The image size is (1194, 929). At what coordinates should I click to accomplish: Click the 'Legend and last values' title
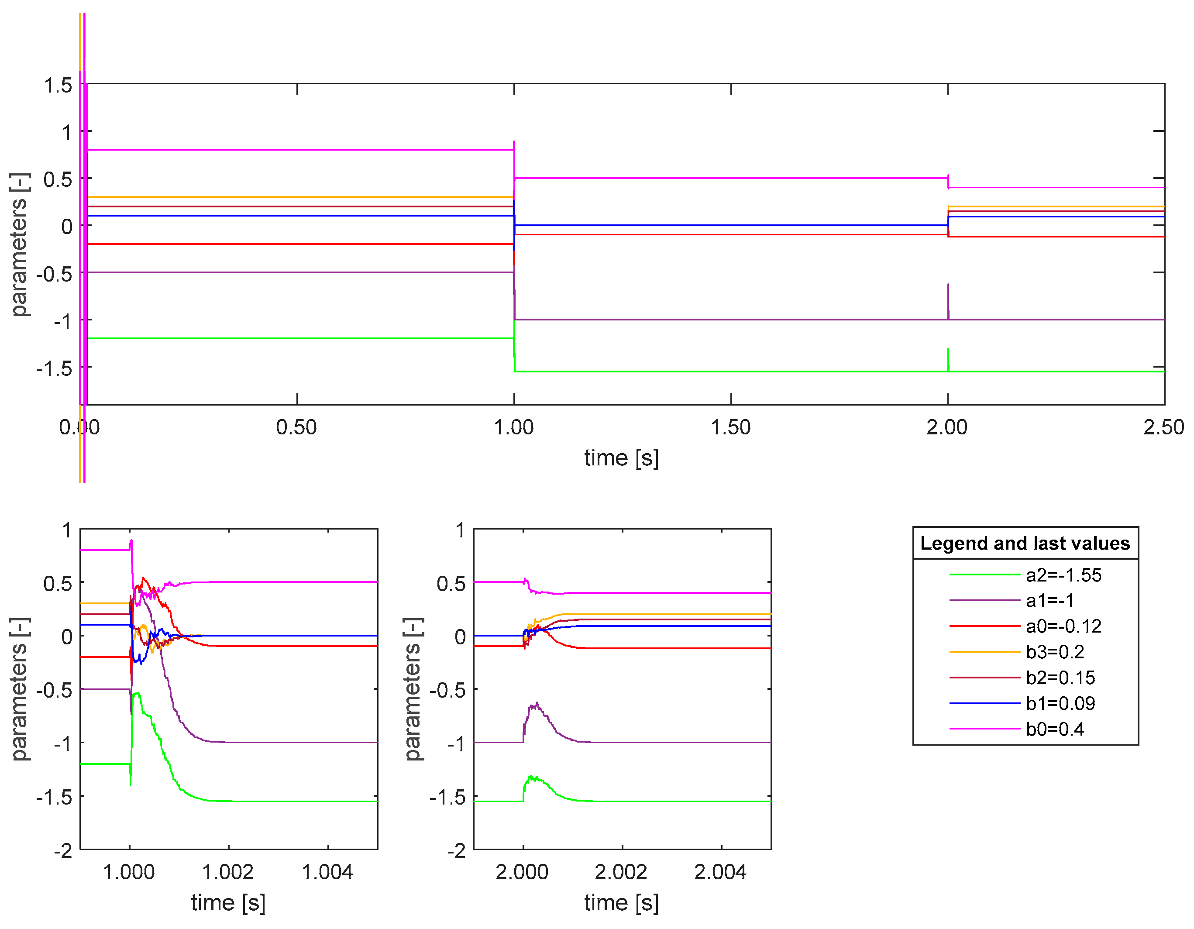tap(1025, 544)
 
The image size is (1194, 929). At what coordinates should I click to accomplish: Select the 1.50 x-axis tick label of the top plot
tap(730, 427)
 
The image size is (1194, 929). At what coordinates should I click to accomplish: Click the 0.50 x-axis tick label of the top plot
tap(296, 427)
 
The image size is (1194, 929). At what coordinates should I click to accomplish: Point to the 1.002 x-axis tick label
tap(228, 872)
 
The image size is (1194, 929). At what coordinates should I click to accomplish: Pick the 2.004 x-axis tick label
tap(721, 872)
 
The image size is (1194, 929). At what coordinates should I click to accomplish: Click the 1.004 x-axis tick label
tap(327, 872)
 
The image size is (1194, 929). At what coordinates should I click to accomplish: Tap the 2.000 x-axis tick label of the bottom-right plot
tap(522, 872)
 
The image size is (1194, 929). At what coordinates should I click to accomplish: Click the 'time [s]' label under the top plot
tap(622, 458)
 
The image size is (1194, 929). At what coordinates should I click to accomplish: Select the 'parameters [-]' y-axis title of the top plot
tap(20, 244)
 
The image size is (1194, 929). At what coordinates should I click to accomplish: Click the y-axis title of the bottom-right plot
tap(414, 689)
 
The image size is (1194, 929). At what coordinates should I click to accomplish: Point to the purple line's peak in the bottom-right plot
tap(537, 703)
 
